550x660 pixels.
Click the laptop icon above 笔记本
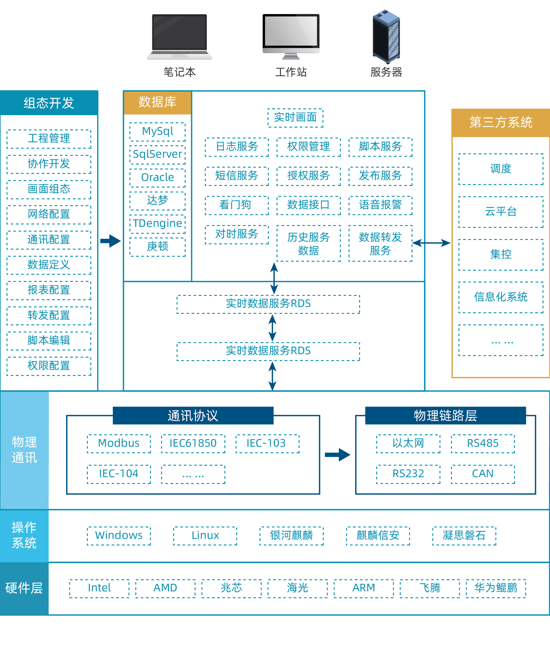click(x=179, y=36)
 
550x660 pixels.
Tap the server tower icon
click(x=386, y=36)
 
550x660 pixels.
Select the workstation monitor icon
click(x=291, y=36)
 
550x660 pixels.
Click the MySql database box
click(x=157, y=131)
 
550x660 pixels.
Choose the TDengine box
click(x=157, y=224)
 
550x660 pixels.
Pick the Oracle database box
click(x=157, y=178)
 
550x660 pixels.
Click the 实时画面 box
click(x=295, y=118)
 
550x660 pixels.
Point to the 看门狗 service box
click(x=236, y=205)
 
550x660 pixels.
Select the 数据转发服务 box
click(x=380, y=244)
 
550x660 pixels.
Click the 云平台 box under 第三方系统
click(x=501, y=212)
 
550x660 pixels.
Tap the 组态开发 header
click(x=49, y=103)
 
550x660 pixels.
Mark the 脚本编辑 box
click(x=49, y=341)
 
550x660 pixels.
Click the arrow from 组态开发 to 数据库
click(x=110, y=241)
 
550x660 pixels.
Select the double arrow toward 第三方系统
click(x=431, y=243)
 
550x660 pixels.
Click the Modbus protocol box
click(x=119, y=443)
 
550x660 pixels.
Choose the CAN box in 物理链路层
click(x=483, y=474)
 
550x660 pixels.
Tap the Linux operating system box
click(x=205, y=535)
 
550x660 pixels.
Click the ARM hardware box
click(x=364, y=588)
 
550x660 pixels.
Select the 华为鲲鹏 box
click(x=496, y=588)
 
